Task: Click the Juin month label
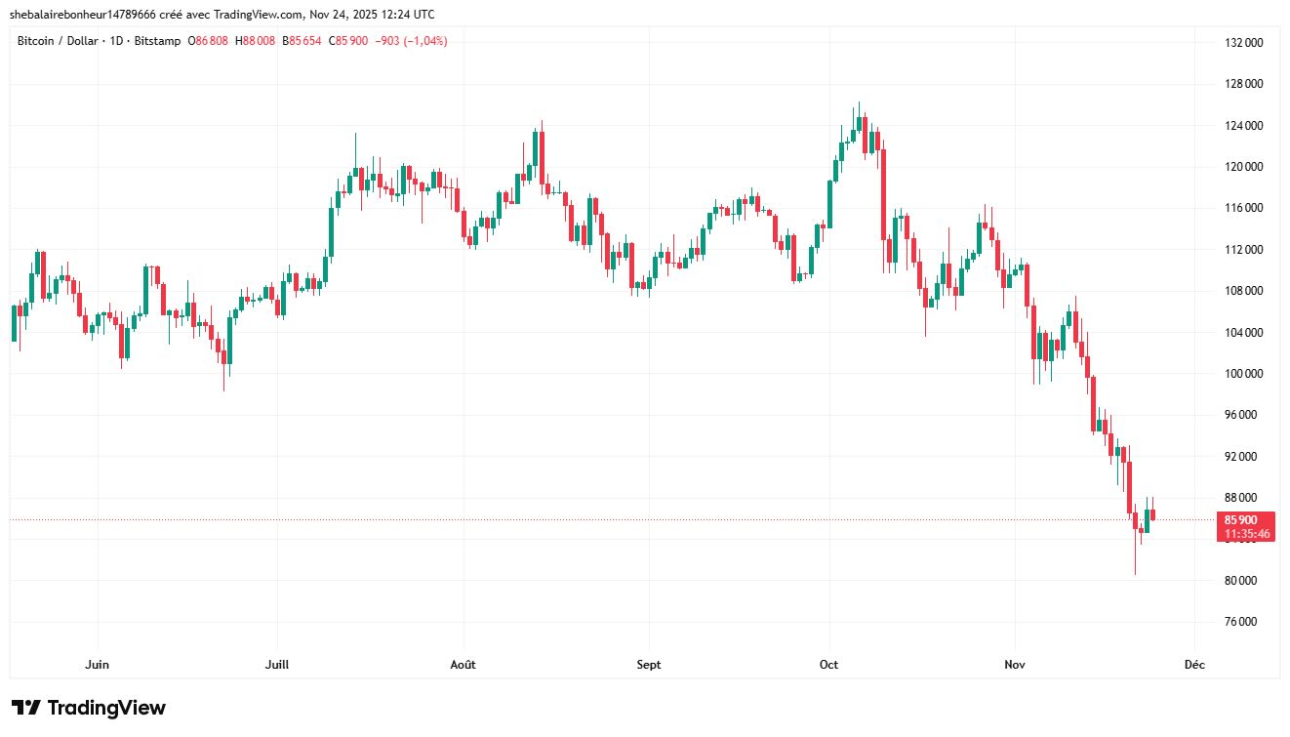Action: coord(97,665)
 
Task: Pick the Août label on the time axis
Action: coord(463,665)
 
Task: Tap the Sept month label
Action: coord(648,665)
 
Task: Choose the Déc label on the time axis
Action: coord(1194,665)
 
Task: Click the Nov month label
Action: coord(1015,665)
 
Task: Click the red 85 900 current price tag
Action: coord(1248,519)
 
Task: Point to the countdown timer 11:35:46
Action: coord(1248,534)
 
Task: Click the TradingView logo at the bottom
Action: coord(89,708)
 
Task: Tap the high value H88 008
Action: coord(258,41)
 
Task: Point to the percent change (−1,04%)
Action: coord(424,41)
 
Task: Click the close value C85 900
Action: coord(348,41)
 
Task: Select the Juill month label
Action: coord(277,665)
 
